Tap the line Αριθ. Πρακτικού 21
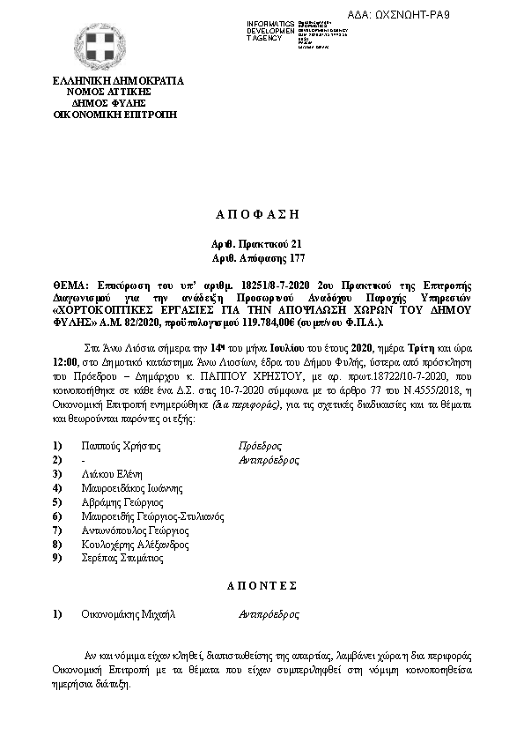point(262,243)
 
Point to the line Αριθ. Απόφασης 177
point(262,257)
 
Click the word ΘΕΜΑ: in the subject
point(71,286)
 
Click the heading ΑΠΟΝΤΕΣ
point(262,586)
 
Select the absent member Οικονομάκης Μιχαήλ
point(129,613)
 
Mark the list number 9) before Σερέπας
point(58,559)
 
